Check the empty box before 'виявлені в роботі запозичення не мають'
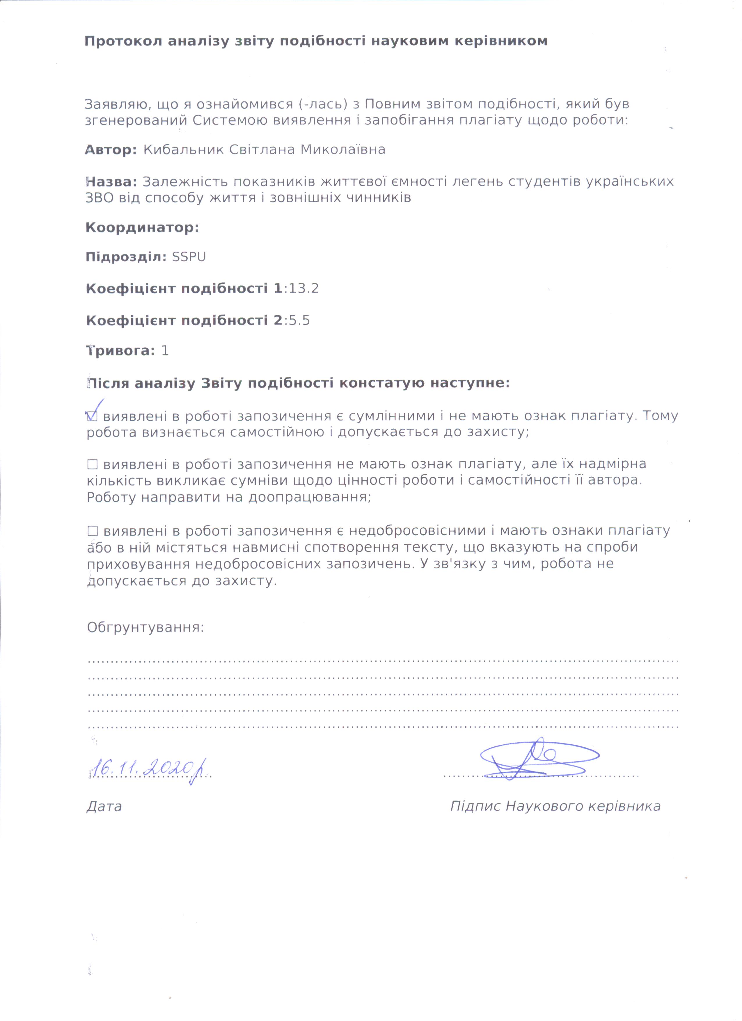(x=92, y=464)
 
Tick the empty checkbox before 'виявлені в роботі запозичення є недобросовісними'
(x=92, y=531)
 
